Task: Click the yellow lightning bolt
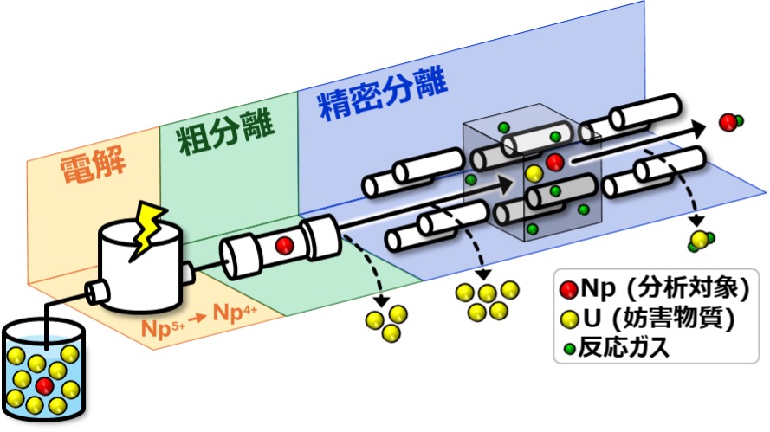147,229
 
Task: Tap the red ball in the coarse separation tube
282,246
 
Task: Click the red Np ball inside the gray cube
555,162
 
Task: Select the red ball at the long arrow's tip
729,122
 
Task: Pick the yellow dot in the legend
568,319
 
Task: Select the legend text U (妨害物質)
657,319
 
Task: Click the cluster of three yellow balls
385,321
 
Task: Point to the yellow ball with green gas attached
698,240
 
